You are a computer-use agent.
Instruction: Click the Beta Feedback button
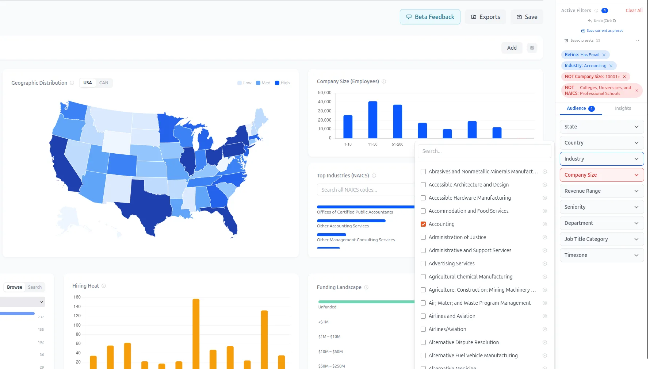(x=430, y=17)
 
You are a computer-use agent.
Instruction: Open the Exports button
(x=485, y=17)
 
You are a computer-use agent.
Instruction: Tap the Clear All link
(x=634, y=11)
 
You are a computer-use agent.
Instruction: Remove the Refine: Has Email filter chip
(x=604, y=55)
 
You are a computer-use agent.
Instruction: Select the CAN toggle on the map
(x=104, y=83)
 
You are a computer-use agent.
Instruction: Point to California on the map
(x=64, y=164)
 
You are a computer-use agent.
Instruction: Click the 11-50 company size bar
(x=373, y=120)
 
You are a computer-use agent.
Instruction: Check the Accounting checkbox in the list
(x=423, y=224)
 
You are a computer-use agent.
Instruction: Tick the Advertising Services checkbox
(x=423, y=264)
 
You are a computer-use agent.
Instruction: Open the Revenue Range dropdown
(x=601, y=191)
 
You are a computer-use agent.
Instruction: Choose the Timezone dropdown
(x=601, y=255)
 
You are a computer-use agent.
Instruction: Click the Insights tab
(x=623, y=108)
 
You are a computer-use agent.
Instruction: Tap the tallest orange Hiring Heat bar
(x=196, y=334)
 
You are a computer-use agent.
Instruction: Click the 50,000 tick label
(x=325, y=93)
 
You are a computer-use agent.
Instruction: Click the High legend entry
(x=282, y=83)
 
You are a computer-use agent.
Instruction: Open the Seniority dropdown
(x=601, y=207)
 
